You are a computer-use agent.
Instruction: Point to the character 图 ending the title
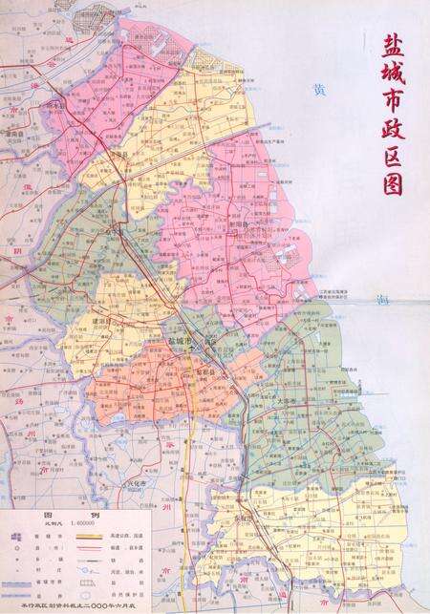click(x=392, y=181)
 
